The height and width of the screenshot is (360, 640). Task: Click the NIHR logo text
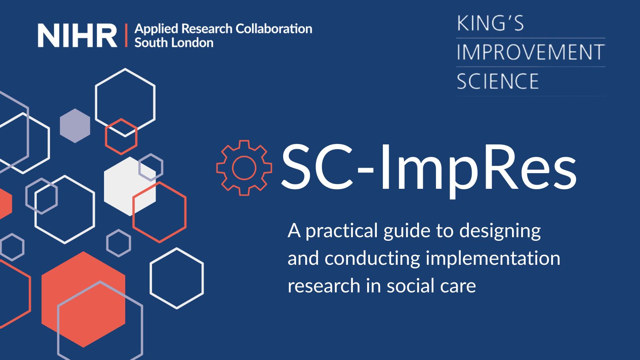click(x=77, y=36)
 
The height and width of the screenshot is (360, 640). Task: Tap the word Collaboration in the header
click(x=274, y=29)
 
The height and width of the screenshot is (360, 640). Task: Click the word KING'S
click(x=490, y=23)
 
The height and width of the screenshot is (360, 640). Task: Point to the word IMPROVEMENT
click(x=530, y=52)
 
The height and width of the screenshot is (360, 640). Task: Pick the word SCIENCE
click(x=498, y=81)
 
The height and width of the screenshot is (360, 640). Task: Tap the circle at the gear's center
click(x=244, y=168)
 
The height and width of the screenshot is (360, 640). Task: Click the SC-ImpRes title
click(x=429, y=168)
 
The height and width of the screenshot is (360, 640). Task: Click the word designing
click(x=500, y=231)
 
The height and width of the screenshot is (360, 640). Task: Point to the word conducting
click(x=372, y=258)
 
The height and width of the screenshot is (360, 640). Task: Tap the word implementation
click(x=493, y=258)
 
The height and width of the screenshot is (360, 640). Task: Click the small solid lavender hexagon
click(x=75, y=126)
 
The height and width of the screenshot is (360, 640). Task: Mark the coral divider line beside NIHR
click(x=126, y=36)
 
